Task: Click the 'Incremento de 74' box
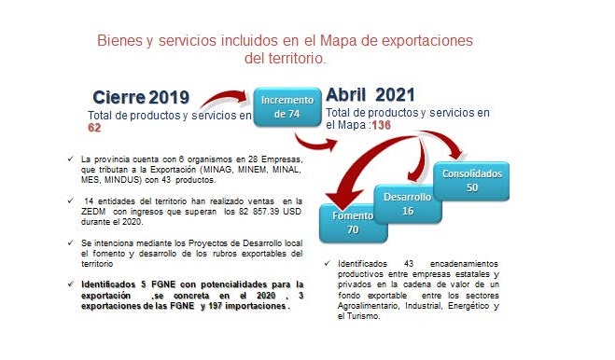(287, 107)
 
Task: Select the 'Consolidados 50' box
(471, 181)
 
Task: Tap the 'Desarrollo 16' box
(408, 204)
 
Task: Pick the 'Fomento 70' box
(353, 223)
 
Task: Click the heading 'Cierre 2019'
(141, 97)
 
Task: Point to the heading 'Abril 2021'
(370, 95)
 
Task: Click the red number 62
(94, 128)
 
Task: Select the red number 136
(382, 125)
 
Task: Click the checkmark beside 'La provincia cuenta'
(71, 159)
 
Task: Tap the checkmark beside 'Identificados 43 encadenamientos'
(328, 263)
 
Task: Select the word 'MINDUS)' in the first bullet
(125, 180)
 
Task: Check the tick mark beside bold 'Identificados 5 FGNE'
(71, 284)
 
